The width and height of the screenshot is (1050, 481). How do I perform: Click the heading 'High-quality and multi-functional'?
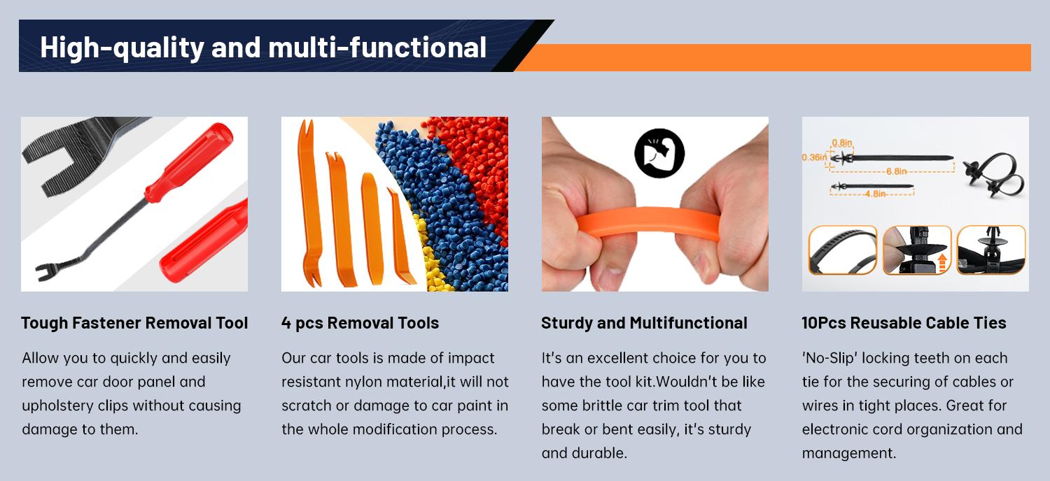click(x=263, y=48)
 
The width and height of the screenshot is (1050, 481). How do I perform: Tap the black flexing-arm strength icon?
click(x=659, y=153)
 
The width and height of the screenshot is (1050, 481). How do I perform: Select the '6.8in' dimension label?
click(x=896, y=171)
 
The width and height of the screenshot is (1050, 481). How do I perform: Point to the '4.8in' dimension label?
click(x=875, y=194)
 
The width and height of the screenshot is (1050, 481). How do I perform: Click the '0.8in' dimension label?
click(x=842, y=143)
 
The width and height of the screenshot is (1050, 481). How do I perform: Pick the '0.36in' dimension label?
click(x=814, y=157)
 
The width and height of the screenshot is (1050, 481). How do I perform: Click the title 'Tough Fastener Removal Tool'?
click(x=134, y=323)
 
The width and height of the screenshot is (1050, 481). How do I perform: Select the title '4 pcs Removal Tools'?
click(x=360, y=323)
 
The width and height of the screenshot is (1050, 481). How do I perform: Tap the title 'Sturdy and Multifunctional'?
click(x=644, y=323)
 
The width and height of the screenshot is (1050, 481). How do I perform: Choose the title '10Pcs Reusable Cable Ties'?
click(x=904, y=323)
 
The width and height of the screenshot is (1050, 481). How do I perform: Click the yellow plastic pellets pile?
click(x=430, y=255)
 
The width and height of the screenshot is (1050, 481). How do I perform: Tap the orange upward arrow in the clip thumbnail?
click(x=942, y=261)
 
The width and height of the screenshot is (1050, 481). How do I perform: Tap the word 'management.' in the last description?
click(x=849, y=453)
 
